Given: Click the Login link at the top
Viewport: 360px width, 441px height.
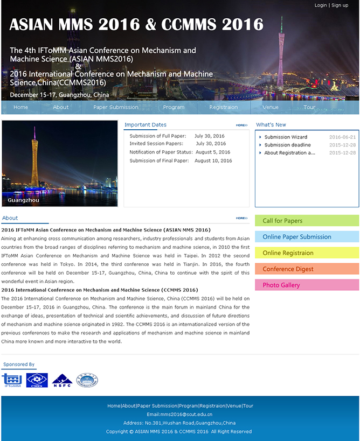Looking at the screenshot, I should click(x=321, y=5).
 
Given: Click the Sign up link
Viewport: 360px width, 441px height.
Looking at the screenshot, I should click(x=340, y=5).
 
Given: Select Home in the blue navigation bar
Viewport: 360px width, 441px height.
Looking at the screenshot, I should click(x=21, y=107).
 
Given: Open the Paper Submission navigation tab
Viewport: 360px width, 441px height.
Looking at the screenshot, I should click(x=116, y=107).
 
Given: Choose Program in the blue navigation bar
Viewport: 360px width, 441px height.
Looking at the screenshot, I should click(x=174, y=107).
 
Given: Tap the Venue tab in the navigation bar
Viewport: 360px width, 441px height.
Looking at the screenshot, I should click(x=271, y=107).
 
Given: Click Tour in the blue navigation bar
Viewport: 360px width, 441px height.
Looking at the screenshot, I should click(x=309, y=107).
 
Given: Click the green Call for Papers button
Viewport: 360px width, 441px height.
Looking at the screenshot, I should click(x=307, y=221).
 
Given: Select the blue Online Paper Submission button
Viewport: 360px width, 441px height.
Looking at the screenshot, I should click(x=307, y=237).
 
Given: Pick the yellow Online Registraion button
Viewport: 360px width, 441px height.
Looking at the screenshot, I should click(x=307, y=253).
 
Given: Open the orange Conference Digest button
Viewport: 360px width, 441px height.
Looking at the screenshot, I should click(x=307, y=269).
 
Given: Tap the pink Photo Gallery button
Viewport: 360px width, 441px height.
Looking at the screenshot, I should click(x=307, y=285).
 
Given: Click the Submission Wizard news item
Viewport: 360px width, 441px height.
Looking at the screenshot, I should click(x=286, y=137).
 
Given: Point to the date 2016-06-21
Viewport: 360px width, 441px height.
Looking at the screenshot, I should click(x=342, y=137).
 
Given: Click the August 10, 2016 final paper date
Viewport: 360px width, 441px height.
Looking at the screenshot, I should click(x=213, y=161).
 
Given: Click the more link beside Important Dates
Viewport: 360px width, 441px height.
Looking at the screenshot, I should click(x=241, y=125).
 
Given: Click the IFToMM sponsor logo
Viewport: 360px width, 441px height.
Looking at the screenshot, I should click(x=12, y=381).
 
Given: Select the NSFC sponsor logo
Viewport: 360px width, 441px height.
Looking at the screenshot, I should click(x=62, y=381).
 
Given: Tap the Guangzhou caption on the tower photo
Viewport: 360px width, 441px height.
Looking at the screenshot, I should click(x=23, y=200).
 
